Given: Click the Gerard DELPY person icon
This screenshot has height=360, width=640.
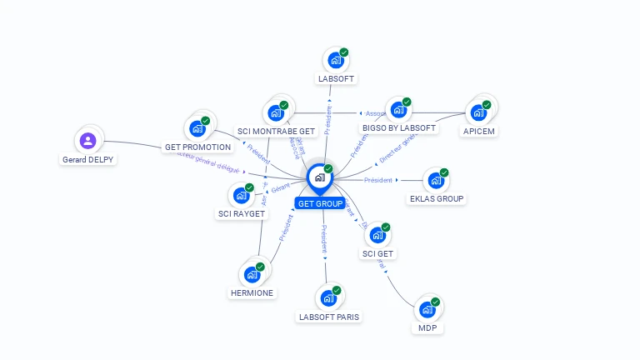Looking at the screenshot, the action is coord(88,140).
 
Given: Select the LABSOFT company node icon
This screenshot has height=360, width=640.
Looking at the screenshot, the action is coord(336,60).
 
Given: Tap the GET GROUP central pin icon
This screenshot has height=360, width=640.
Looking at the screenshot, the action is coord(319,177).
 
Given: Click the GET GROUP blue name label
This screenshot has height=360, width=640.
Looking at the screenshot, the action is coord(319,203).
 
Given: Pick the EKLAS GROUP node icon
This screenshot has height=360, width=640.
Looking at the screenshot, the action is coord(435,180).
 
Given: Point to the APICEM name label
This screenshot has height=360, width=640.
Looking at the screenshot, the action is coord(478,130).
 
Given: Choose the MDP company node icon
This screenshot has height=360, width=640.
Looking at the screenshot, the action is coord(427,309).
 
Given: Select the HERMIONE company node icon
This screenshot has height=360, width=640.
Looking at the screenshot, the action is coord(252,274).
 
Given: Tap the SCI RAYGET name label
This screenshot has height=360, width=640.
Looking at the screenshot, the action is coord(241,214).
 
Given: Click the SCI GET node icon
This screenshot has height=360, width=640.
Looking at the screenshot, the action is coord(377,235).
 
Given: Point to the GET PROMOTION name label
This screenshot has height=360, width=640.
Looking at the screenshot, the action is coord(197,147).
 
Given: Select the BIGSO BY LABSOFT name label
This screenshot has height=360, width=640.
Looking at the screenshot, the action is coord(399,128).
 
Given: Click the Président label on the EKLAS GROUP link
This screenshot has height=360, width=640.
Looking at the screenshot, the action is coord(378,180).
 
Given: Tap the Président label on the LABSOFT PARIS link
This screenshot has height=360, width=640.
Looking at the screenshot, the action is coord(324,238).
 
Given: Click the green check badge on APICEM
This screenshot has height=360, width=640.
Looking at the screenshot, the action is coord(487,105).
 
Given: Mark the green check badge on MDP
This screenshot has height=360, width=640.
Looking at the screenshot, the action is coord(436,302).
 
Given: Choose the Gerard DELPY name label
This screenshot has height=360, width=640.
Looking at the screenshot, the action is coord(88,159).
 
